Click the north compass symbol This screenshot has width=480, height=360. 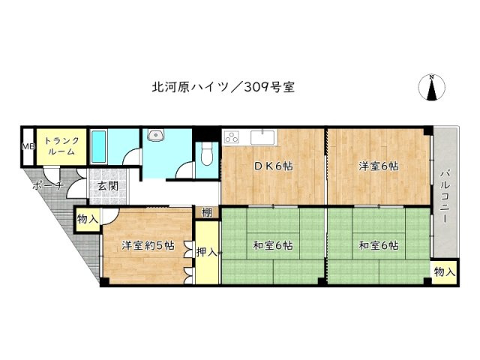pyautogui.click(x=433, y=88)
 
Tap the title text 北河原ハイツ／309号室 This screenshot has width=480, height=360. pyautogui.click(x=222, y=87)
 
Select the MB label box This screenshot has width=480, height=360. pyautogui.click(x=27, y=147)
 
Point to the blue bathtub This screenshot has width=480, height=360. pyautogui.click(x=99, y=145)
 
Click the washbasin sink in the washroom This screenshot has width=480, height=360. pyautogui.click(x=155, y=136)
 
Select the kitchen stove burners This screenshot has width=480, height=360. pyautogui.click(x=231, y=137)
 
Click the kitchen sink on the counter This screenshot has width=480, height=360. pyautogui.click(x=264, y=136)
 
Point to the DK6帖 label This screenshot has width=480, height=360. pyautogui.click(x=273, y=166)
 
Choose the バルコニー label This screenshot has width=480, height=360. pyautogui.click(x=444, y=197)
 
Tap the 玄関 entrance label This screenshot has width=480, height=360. pyautogui.click(x=105, y=186)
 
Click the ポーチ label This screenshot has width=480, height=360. pyautogui.click(x=48, y=186)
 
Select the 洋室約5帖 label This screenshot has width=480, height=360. pyautogui.click(x=148, y=244)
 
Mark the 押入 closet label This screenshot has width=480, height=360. pyautogui.click(x=206, y=253)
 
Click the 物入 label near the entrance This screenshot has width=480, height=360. pyautogui.click(x=87, y=219)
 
